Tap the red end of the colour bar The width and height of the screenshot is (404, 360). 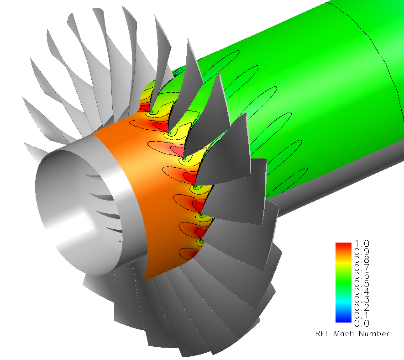[x=344, y=245]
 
